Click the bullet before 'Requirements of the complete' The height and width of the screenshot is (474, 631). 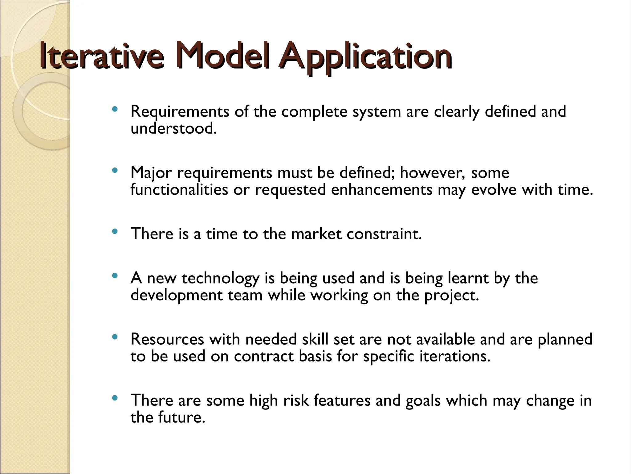pos(115,109)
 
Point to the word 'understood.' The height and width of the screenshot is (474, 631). pos(174,128)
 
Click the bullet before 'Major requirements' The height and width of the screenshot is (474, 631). pos(115,170)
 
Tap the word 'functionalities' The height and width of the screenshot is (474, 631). pos(179,189)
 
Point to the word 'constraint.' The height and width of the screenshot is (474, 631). pos(384,234)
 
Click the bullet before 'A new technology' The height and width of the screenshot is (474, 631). pos(115,276)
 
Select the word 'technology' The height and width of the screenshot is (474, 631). pos(220,279)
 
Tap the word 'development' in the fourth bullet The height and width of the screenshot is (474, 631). pos(177,296)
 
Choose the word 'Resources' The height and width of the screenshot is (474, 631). pos(167,339)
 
